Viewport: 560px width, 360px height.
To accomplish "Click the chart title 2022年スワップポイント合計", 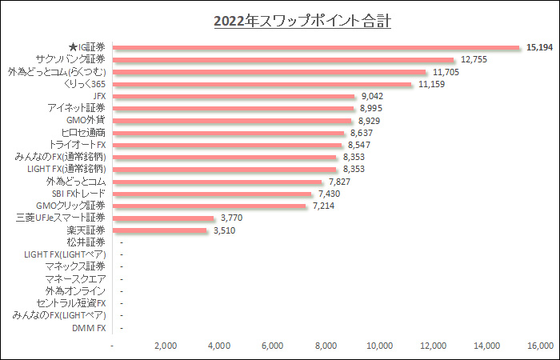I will pyautogui.click(x=302, y=21).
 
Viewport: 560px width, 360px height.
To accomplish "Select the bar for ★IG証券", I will pyautogui.click(x=317, y=48).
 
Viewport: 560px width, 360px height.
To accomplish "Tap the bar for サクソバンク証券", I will pyautogui.click(x=284, y=60).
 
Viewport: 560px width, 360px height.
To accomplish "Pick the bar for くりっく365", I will pyautogui.click(x=262, y=84).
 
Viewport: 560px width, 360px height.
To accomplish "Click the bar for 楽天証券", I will pyautogui.click(x=160, y=230).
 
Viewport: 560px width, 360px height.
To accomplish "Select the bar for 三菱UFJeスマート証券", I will pyautogui.click(x=164, y=218).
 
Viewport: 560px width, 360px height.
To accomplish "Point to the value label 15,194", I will pyautogui.click(x=540, y=48).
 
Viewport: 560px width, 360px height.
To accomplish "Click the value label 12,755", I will pyautogui.click(x=474, y=60).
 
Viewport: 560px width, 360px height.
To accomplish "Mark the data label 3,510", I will pyautogui.click(x=225, y=230).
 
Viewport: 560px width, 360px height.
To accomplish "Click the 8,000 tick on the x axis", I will pyautogui.click(x=326, y=346).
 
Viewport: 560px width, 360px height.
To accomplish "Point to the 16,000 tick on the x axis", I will pyautogui.click(x=540, y=346).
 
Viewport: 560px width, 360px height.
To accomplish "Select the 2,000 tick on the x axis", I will pyautogui.click(x=165, y=346).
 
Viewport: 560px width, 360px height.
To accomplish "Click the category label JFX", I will pyautogui.click(x=100, y=96).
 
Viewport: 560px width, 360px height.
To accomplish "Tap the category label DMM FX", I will pyautogui.click(x=89, y=328).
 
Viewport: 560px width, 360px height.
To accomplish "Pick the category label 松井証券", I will pyautogui.click(x=86, y=242).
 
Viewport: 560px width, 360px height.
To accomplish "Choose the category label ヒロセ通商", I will pyautogui.click(x=83, y=133).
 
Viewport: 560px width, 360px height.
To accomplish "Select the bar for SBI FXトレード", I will pyautogui.click(x=212, y=194).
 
